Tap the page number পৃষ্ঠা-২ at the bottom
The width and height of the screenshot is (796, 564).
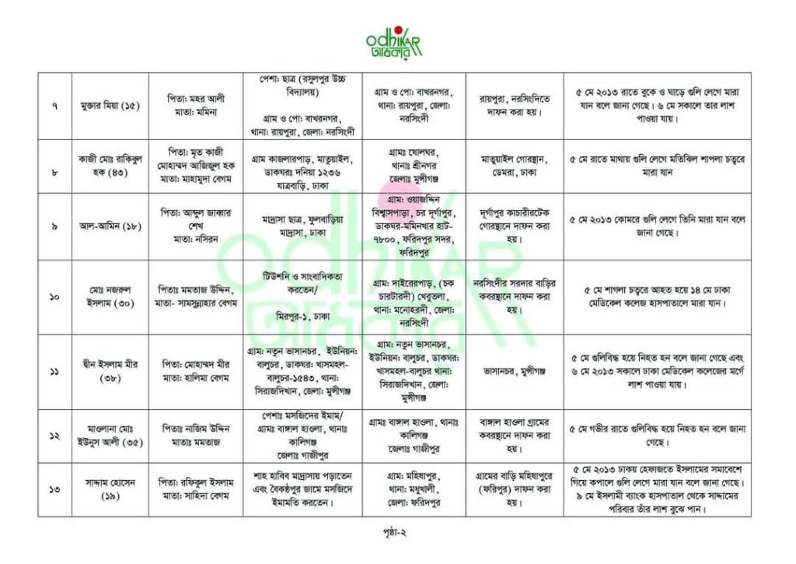pyautogui.click(x=397, y=534)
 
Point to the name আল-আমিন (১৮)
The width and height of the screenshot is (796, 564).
pyautogui.click(x=109, y=225)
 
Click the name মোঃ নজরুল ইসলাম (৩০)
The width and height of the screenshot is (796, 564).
pyautogui.click(x=109, y=296)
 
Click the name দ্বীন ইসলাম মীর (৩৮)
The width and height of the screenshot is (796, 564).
pyautogui.click(x=109, y=371)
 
